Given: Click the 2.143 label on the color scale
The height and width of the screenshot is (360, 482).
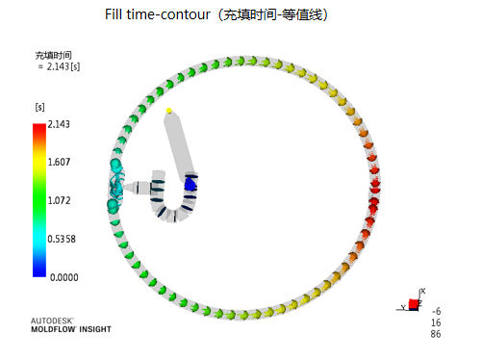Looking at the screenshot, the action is click(59, 124).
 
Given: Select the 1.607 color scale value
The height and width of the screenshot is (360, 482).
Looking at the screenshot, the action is click(59, 162).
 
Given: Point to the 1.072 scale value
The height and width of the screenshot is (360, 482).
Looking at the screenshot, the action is click(59, 200).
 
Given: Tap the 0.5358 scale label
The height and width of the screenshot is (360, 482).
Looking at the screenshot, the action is click(62, 239).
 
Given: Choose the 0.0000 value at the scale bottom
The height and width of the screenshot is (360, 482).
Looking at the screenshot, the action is click(64, 277).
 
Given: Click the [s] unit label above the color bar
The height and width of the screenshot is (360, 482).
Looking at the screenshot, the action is click(39, 107).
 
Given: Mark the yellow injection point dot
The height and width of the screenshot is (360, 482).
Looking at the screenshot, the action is click(168, 111).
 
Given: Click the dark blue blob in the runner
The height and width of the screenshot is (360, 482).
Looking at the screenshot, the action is click(190, 185).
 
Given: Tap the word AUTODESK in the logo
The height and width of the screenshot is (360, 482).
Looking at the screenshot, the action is click(52, 321).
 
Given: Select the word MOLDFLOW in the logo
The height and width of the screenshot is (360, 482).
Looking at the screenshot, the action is click(53, 329).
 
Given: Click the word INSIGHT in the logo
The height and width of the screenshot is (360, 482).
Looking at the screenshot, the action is click(95, 329).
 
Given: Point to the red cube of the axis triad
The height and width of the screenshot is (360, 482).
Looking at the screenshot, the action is click(414, 303).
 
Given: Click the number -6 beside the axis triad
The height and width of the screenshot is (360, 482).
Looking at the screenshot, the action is click(437, 311).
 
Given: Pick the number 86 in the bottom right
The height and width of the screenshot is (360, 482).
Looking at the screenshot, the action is click(436, 334).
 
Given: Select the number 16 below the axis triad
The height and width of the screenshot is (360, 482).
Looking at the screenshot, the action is click(436, 322).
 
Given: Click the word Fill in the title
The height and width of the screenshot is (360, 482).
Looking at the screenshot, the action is click(114, 14).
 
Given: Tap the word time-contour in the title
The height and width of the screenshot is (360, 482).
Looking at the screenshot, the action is click(168, 14).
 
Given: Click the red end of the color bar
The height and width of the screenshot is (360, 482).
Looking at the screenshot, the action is click(39, 127).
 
